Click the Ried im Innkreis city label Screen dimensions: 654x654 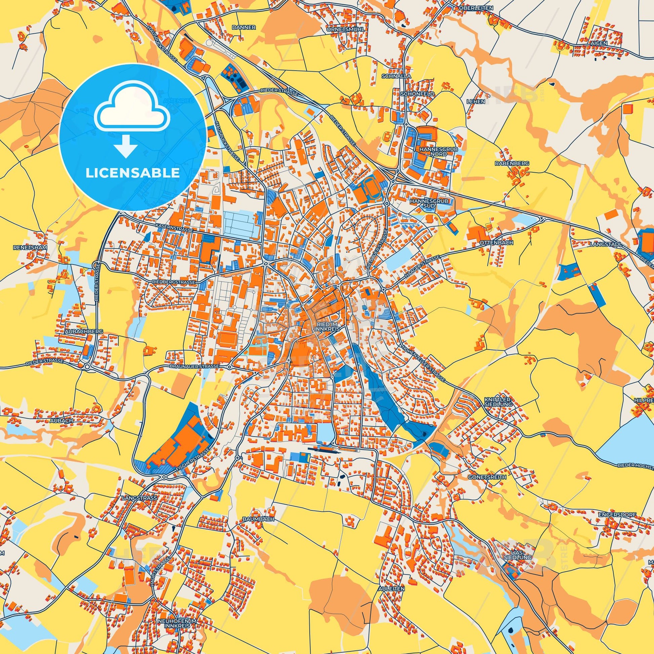[x=329, y=326]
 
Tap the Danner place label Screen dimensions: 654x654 [x=249, y=28]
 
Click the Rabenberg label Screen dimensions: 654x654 [x=516, y=163]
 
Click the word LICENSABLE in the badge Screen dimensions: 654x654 [x=133, y=173]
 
